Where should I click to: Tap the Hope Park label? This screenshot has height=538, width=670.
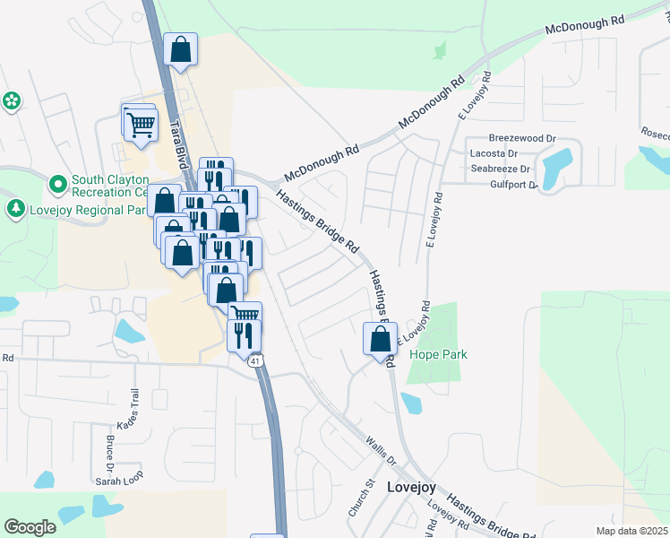(x=438, y=354)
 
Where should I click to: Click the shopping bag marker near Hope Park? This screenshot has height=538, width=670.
(x=380, y=339)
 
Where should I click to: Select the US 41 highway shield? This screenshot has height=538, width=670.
(x=256, y=360)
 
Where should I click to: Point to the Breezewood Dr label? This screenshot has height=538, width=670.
(x=522, y=139)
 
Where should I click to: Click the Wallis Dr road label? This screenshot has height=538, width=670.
(x=381, y=448)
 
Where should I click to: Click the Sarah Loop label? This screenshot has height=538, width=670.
(x=120, y=481)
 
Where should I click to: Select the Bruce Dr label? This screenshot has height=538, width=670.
(x=109, y=453)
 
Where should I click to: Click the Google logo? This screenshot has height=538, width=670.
(x=30, y=527)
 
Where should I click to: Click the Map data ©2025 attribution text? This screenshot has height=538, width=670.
(x=632, y=531)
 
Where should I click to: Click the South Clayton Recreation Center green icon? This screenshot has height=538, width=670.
(x=58, y=185)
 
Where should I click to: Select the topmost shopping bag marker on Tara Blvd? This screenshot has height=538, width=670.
(x=180, y=51)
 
